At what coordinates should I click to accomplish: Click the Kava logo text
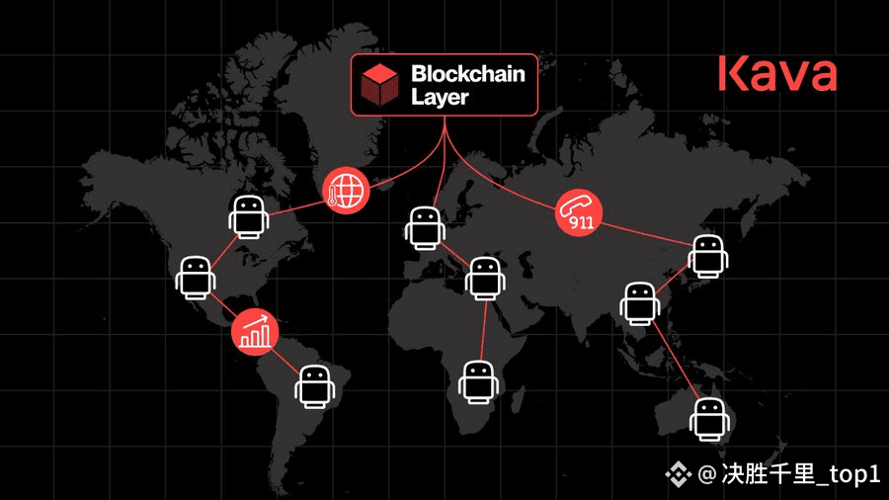tap(777, 73)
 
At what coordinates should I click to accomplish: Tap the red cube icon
tap(379, 84)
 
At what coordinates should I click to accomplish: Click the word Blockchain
tap(468, 74)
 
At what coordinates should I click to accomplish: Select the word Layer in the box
tap(440, 97)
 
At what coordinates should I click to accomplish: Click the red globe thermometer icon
tap(346, 191)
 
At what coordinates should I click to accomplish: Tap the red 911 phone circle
tap(578, 212)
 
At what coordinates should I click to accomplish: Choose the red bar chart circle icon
tap(255, 332)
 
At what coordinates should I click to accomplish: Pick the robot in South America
tap(315, 386)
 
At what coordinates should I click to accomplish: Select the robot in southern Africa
tap(478, 382)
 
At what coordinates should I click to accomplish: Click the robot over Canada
tap(248, 217)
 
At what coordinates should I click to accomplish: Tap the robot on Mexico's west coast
tap(195, 278)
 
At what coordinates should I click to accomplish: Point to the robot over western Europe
tap(425, 228)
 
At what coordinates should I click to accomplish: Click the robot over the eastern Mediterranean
tap(485, 279)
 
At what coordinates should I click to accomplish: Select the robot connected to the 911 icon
tap(708, 256)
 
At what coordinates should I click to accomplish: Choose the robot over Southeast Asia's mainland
tap(640, 304)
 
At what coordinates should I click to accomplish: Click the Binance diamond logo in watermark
tap(678, 474)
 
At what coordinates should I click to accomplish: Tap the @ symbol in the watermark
tap(707, 473)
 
